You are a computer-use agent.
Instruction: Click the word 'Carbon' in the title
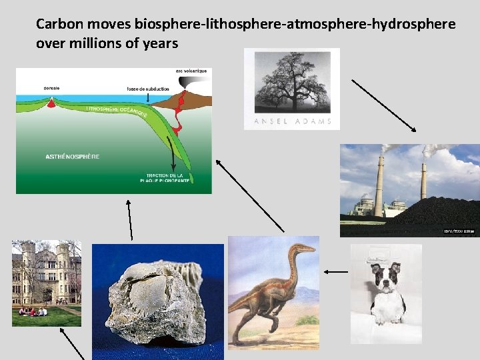pyautogui.click(x=55, y=25)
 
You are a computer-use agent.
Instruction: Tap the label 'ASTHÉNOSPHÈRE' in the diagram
pyautogui.click(x=73, y=157)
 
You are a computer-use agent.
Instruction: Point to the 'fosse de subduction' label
pyautogui.click(x=148, y=89)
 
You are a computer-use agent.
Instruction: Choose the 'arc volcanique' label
pyautogui.click(x=191, y=71)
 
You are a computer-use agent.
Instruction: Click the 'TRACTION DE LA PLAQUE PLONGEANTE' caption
pyautogui.click(x=165, y=178)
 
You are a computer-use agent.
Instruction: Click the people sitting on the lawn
pyautogui.click(x=33, y=311)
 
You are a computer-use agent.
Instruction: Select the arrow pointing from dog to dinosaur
pyautogui.click(x=337, y=271)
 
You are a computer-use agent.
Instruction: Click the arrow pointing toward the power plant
pyautogui.click(x=384, y=105)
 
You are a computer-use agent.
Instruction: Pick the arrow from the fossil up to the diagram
pyautogui.click(x=130, y=219)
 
